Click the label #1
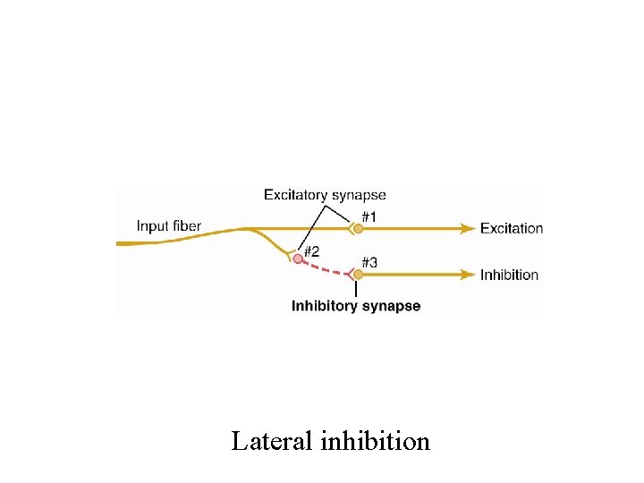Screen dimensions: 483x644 369,216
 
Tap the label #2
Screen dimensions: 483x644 311,251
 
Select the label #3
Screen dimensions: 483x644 369,262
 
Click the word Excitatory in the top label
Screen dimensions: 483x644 296,195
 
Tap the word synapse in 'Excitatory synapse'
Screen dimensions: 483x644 359,196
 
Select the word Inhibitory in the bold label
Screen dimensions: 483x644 325,306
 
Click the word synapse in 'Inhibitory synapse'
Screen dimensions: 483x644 391,307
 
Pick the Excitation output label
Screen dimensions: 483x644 511,228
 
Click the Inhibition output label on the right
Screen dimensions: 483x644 509,275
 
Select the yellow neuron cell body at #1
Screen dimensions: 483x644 358,229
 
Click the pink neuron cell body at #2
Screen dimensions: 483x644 298,258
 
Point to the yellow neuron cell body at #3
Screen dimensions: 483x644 358,275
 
